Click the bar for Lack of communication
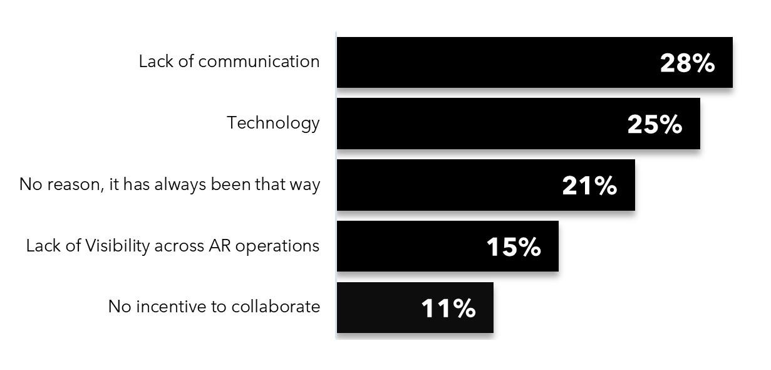(x=534, y=62)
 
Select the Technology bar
(x=519, y=124)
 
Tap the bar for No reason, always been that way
(x=485, y=185)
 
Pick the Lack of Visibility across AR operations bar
(x=447, y=246)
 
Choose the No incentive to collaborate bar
(x=415, y=308)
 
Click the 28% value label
(x=687, y=63)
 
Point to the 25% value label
(x=655, y=124)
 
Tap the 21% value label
(x=589, y=186)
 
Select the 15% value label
(x=514, y=247)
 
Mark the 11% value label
(x=448, y=309)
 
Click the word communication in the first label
(x=259, y=61)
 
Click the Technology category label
(x=273, y=124)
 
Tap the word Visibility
(x=117, y=246)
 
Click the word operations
(x=277, y=246)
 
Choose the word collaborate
(x=276, y=306)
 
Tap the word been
(x=230, y=184)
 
